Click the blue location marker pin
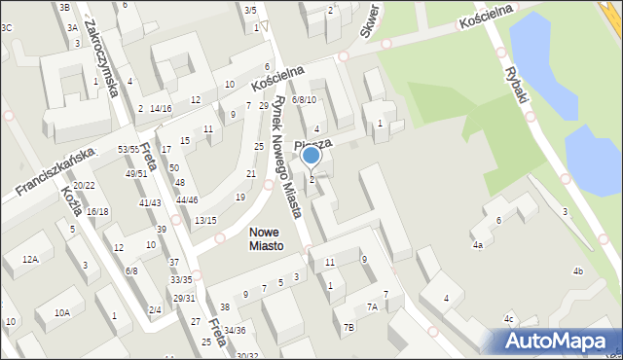pos(311,155)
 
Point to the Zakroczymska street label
pos(101,58)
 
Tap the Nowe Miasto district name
pos(266,238)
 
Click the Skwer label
pos(369,19)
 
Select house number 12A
pos(30,259)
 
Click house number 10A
pos(62,312)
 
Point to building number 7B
pos(348,327)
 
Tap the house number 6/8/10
pos(304,100)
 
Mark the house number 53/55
pos(128,149)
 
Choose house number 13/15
pos(205,221)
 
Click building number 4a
pos(477,245)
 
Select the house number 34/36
pos(234,330)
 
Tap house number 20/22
pos(84,185)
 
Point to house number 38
pos(224,307)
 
